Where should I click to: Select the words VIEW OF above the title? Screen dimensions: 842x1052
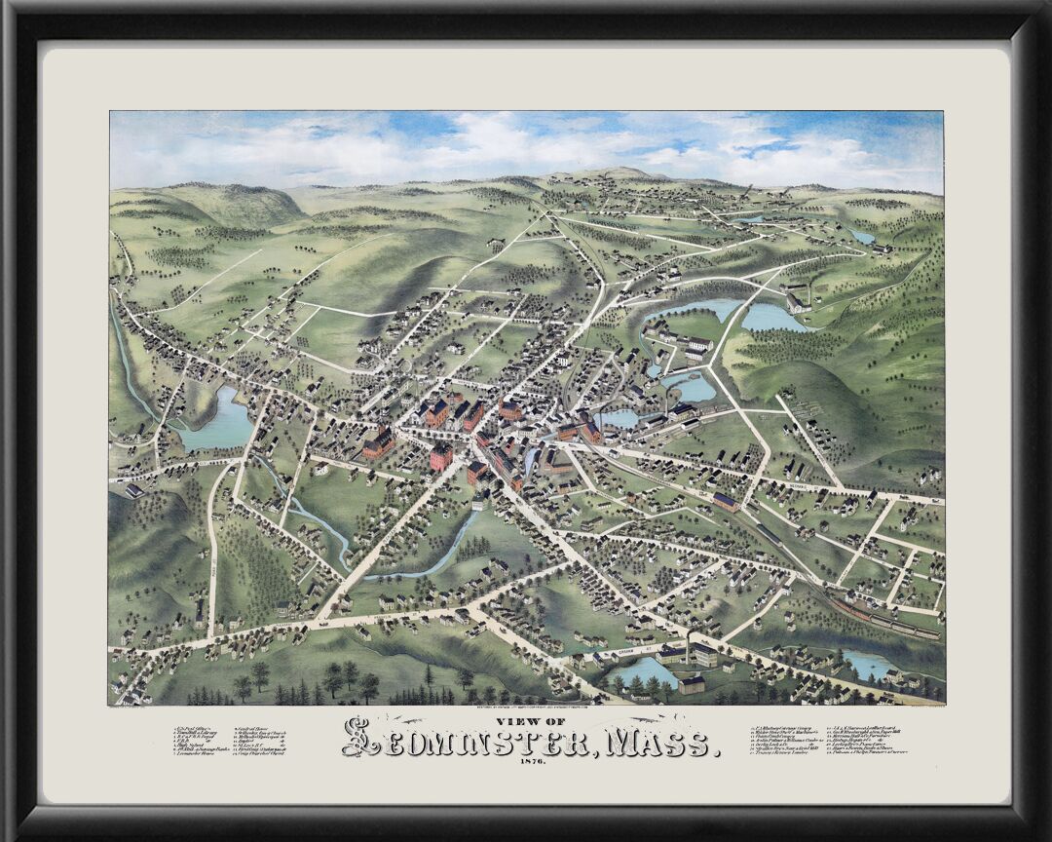click(526, 722)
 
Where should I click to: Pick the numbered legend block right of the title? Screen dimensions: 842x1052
click(829, 740)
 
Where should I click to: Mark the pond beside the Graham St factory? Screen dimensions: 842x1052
click(643, 670)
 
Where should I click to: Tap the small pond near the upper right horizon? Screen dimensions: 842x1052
click(861, 236)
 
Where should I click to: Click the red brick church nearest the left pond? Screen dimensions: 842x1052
click(378, 443)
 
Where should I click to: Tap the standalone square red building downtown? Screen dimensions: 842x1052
click(441, 456)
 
